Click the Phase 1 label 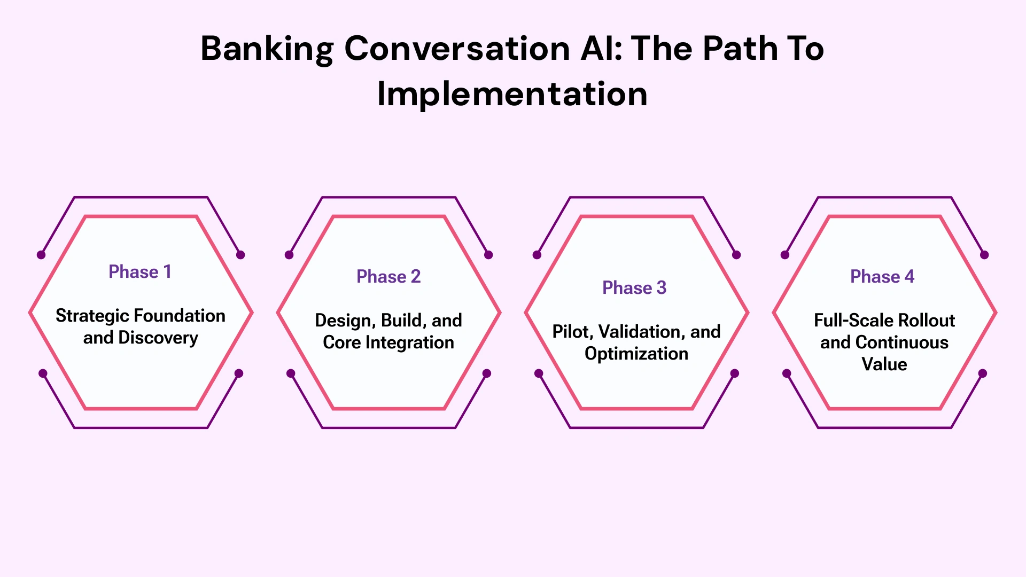tap(140, 272)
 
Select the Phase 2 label tap(388, 277)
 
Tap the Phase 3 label tap(634, 288)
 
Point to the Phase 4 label tap(882, 277)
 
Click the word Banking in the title tap(267, 49)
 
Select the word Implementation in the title tap(512, 95)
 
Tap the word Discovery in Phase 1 tap(158, 338)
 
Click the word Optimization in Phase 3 tap(636, 354)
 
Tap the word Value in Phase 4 tap(884, 364)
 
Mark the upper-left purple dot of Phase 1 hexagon tap(41, 255)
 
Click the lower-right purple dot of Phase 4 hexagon tap(983, 373)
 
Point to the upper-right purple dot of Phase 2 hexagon tap(488, 255)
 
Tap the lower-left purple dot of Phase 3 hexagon tap(539, 373)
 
